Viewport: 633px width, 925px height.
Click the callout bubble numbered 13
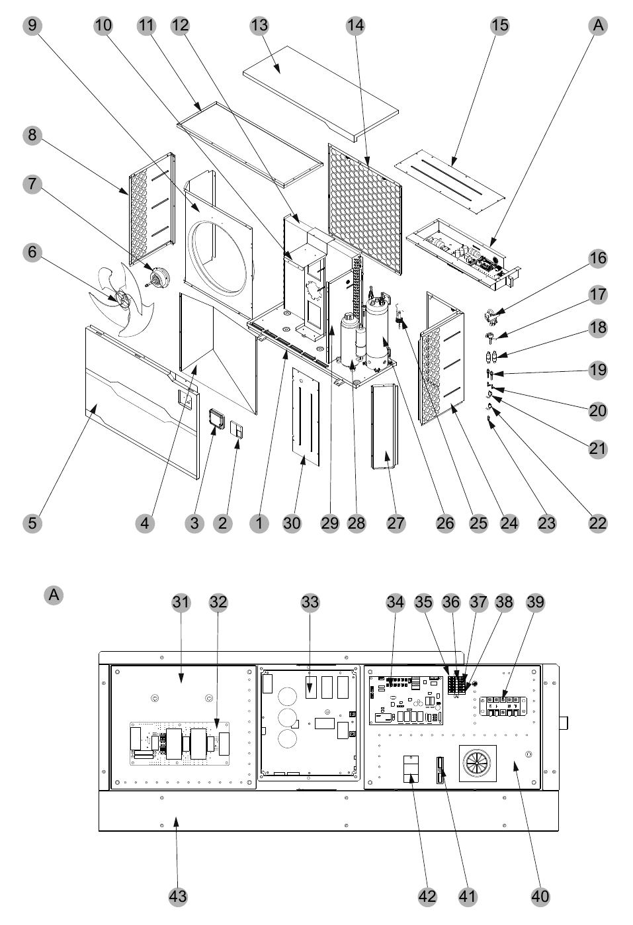coord(259,26)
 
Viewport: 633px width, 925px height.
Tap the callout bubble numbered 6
coord(32,252)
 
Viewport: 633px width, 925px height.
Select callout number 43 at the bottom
coord(178,897)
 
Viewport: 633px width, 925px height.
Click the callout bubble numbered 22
coord(597,523)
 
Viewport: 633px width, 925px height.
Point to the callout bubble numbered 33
coord(310,603)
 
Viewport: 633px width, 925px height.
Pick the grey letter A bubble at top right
coord(598,26)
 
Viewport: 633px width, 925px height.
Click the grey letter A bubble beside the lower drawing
coord(54,595)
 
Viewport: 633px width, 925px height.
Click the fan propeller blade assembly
coord(121,299)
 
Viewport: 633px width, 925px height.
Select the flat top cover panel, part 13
coord(321,94)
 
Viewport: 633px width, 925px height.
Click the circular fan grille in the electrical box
coord(478,764)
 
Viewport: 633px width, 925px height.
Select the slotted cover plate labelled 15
coord(449,182)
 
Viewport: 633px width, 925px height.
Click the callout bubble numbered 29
coord(329,523)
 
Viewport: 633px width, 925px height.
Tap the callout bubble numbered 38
coord(504,603)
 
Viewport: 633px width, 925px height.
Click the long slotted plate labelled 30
coord(306,417)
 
